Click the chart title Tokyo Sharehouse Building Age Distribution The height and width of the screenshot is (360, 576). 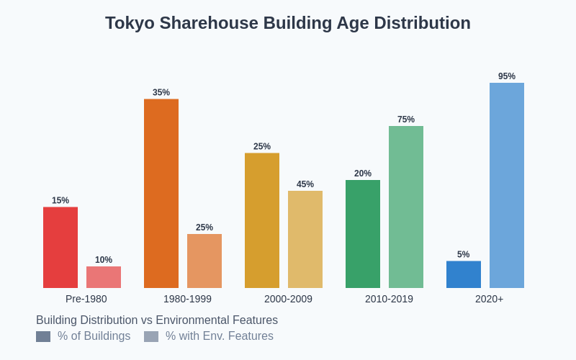[288, 23]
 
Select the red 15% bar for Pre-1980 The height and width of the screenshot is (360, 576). [60, 248]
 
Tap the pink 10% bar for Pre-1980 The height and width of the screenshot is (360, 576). [104, 277]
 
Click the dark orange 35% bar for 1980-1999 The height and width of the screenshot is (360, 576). [161, 194]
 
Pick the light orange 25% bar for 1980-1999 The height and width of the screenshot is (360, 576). [204, 261]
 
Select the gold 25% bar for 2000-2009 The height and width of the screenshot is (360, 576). [262, 220]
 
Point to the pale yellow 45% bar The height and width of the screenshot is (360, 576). [305, 239]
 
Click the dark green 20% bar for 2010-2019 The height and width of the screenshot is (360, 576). [363, 234]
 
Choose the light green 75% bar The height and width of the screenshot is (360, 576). [406, 207]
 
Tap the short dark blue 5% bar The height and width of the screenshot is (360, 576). [464, 274]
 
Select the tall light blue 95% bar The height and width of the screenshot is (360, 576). [507, 186]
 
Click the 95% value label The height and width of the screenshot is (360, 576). [507, 76]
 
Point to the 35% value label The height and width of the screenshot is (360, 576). [161, 92]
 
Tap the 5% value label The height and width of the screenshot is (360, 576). [464, 254]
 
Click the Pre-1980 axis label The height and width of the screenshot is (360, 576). [86, 299]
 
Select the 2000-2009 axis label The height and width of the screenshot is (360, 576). [288, 299]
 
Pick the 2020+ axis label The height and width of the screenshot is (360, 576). [490, 299]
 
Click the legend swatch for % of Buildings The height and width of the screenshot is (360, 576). [43, 336]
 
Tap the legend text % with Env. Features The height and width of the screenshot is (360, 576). [220, 336]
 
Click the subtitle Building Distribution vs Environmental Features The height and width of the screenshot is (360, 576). [157, 320]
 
